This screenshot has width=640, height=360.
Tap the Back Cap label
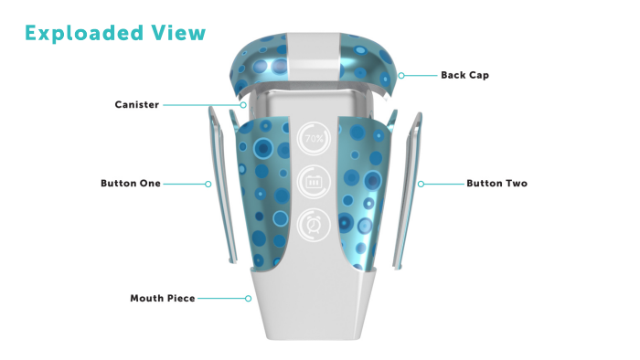tap(464, 75)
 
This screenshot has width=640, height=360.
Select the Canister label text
tap(136, 105)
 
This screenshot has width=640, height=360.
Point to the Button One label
tap(131, 184)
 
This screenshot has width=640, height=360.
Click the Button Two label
tap(496, 184)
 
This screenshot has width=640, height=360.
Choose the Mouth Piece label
tap(163, 298)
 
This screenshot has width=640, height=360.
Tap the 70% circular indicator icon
tap(314, 139)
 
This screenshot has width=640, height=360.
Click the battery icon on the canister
tap(314, 181)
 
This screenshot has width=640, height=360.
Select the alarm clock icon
tap(314, 222)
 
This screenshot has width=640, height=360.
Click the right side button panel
tap(410, 192)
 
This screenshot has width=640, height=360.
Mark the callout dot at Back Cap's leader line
tap(401, 75)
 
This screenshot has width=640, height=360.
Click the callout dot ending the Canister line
tap(242, 105)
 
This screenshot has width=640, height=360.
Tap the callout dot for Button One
tap(208, 184)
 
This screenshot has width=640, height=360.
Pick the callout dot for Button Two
tap(421, 184)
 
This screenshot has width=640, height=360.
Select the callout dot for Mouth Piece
tap(249, 298)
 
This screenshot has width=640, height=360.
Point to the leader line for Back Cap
tap(418, 75)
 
